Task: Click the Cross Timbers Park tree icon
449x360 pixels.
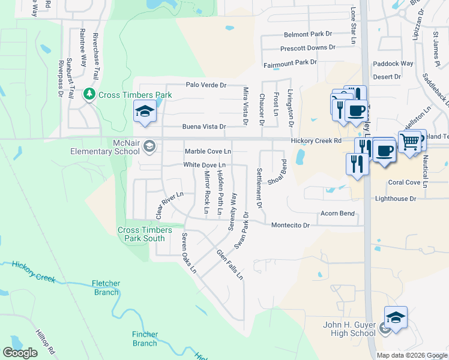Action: (x=89, y=94)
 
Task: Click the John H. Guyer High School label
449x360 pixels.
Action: (x=349, y=329)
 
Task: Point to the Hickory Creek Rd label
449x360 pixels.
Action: (x=316, y=140)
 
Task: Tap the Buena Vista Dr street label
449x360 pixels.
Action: (x=204, y=127)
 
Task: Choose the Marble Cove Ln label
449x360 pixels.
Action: (x=208, y=151)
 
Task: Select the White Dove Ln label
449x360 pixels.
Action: (x=205, y=164)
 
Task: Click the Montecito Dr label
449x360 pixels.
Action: (x=290, y=225)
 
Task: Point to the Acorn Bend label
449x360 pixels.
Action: (x=338, y=213)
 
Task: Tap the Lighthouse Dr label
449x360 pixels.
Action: (x=396, y=199)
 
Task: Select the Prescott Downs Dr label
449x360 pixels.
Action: (x=308, y=48)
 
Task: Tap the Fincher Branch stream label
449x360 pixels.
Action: (x=145, y=338)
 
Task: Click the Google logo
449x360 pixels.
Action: (x=20, y=352)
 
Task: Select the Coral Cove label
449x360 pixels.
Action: (x=405, y=182)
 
